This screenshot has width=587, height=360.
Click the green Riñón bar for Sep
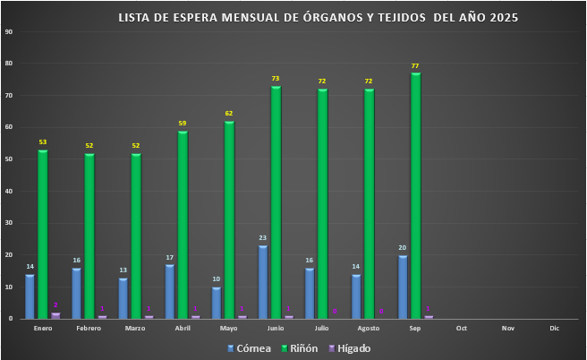tap(416, 195)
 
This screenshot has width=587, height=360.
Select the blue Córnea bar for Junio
tap(263, 282)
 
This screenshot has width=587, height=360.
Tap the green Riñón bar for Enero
tap(42, 234)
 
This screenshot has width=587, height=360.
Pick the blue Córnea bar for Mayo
tap(217, 303)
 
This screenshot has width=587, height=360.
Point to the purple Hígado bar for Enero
tap(55, 315)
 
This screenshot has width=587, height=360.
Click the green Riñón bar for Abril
tap(183, 225)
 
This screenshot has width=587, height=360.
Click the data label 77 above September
tap(415, 66)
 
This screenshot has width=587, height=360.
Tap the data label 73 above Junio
tap(276, 79)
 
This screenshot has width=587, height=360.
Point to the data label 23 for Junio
tap(263, 238)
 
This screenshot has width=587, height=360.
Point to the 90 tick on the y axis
tap(8, 31)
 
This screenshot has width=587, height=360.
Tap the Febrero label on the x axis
tap(89, 329)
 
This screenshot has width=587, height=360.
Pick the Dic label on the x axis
tap(555, 329)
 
